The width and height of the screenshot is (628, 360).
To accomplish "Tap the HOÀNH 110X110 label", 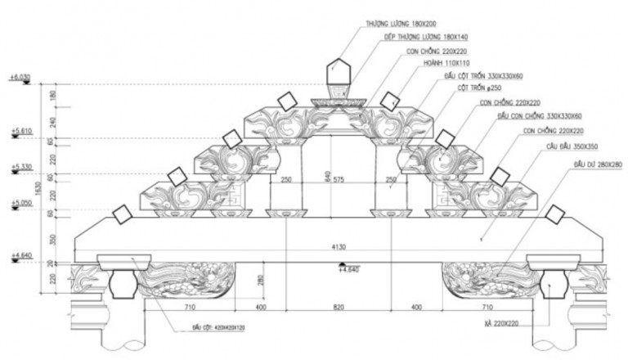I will point(442,63).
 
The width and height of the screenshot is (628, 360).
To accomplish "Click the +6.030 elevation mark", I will point(20,78).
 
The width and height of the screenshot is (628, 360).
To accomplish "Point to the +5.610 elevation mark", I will point(20,130).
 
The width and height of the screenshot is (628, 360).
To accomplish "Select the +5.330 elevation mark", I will point(20,167).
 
